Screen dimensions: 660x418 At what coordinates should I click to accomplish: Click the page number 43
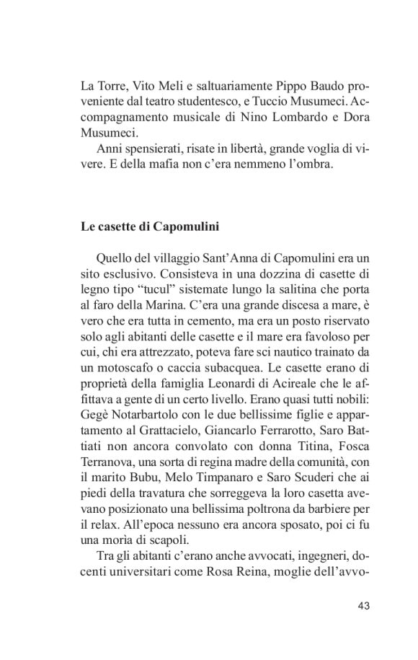[x=363, y=605]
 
